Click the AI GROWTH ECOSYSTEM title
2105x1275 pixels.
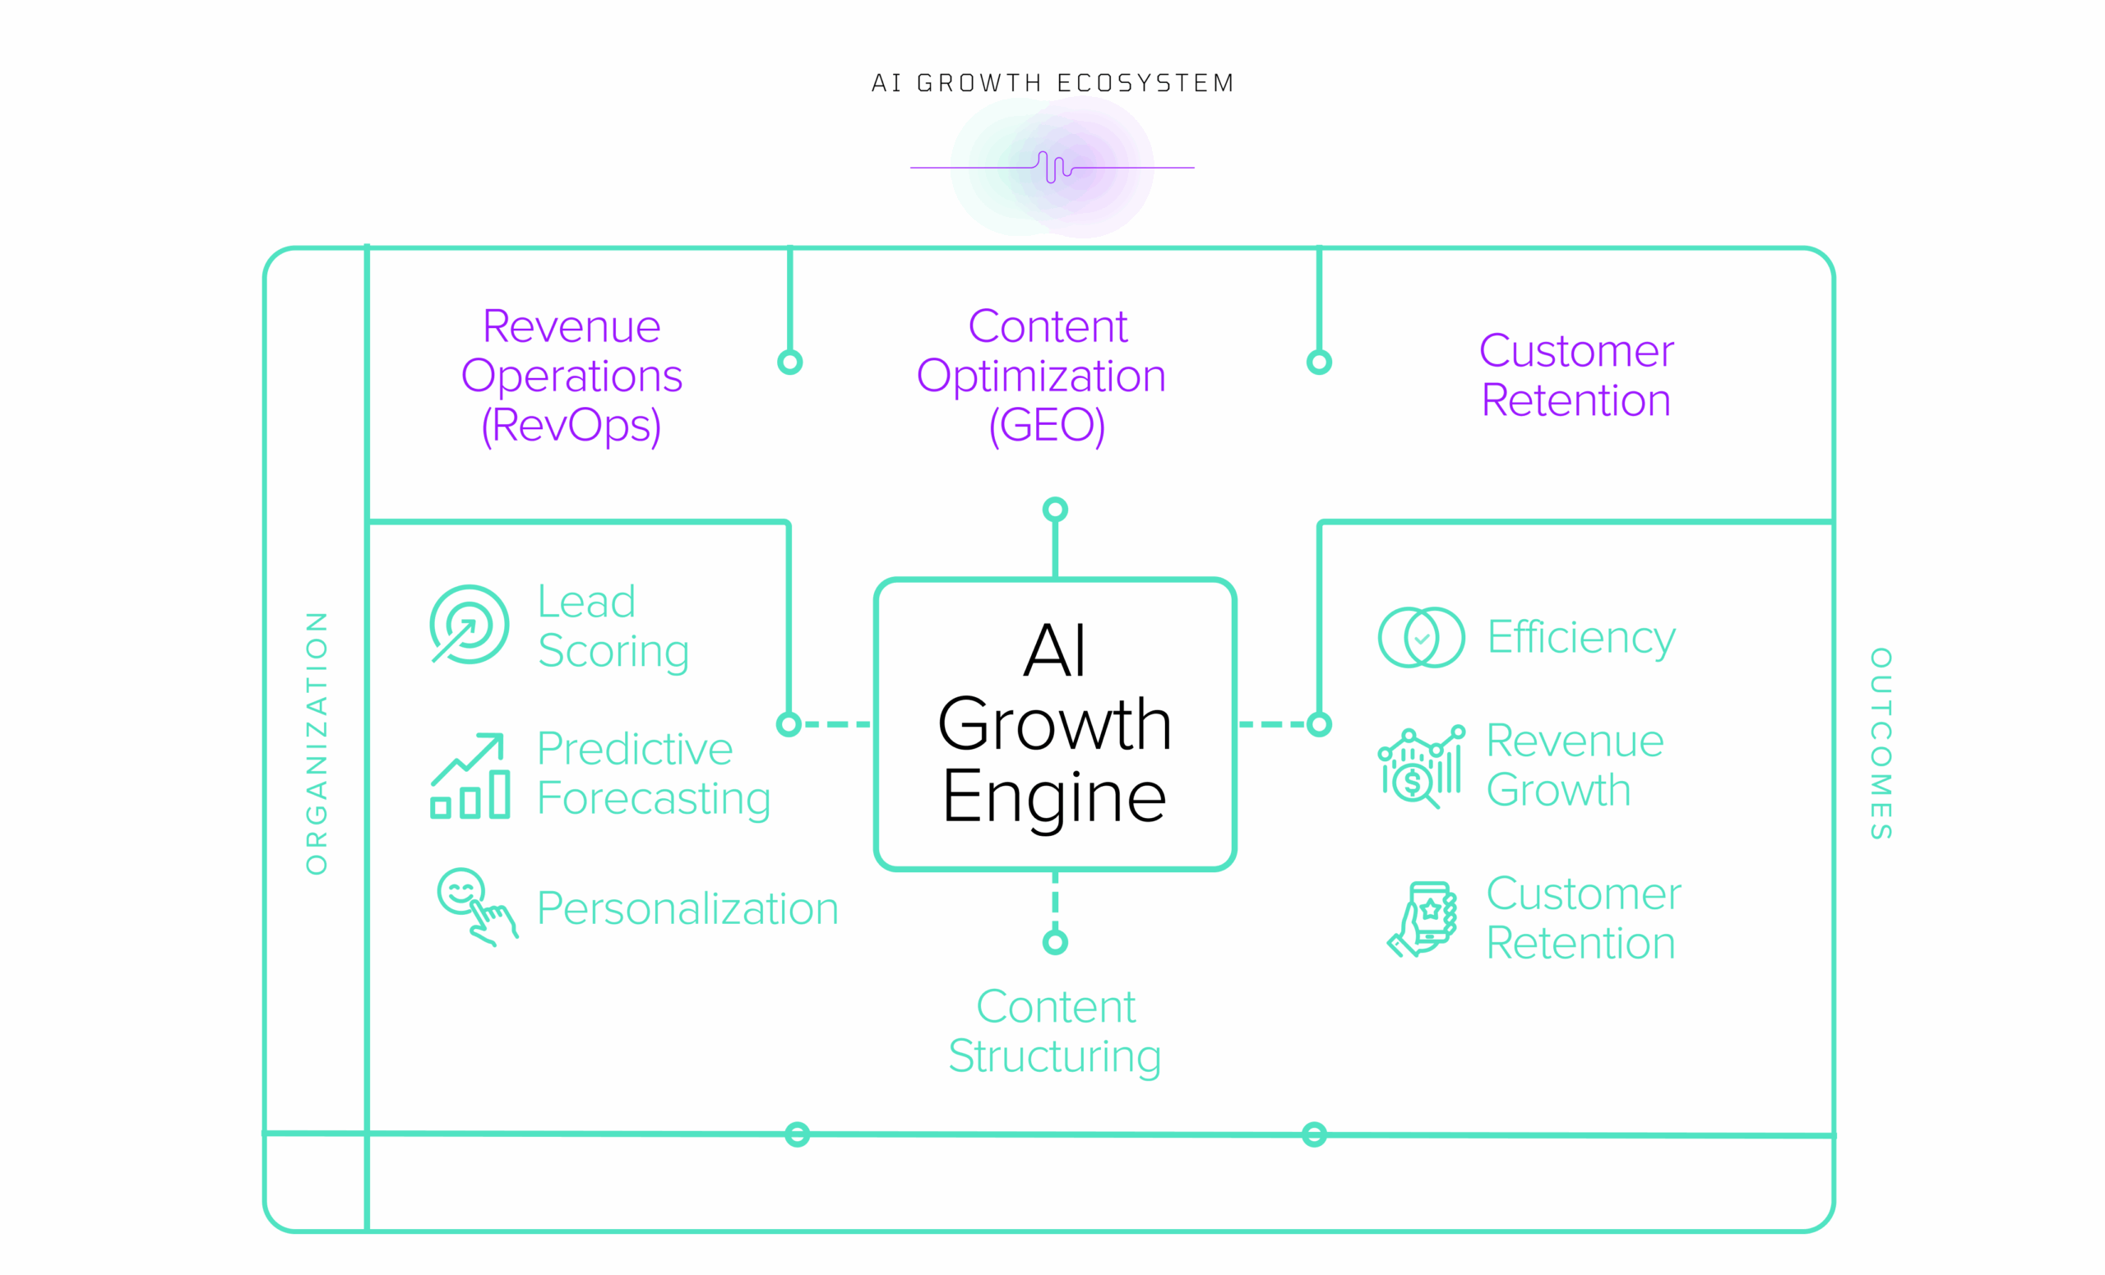(1052, 83)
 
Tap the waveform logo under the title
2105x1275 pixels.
(1052, 167)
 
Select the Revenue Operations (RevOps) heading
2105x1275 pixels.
(571, 375)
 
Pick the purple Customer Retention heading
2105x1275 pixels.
(1575, 375)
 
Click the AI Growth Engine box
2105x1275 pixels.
(1055, 724)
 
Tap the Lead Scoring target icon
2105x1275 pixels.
(469, 624)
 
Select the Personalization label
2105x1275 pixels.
(687, 908)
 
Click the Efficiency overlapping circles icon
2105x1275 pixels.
(1421, 637)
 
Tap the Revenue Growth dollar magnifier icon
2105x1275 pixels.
(1421, 766)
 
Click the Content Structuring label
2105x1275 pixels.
(1055, 1031)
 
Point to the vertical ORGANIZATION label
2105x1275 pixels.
(317, 743)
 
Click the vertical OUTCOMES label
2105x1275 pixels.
(1881, 743)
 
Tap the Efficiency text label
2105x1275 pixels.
(1580, 637)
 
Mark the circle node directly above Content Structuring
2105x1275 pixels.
(1055, 943)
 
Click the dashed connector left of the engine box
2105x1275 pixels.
(837, 724)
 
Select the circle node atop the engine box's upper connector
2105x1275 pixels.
(1055, 510)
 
